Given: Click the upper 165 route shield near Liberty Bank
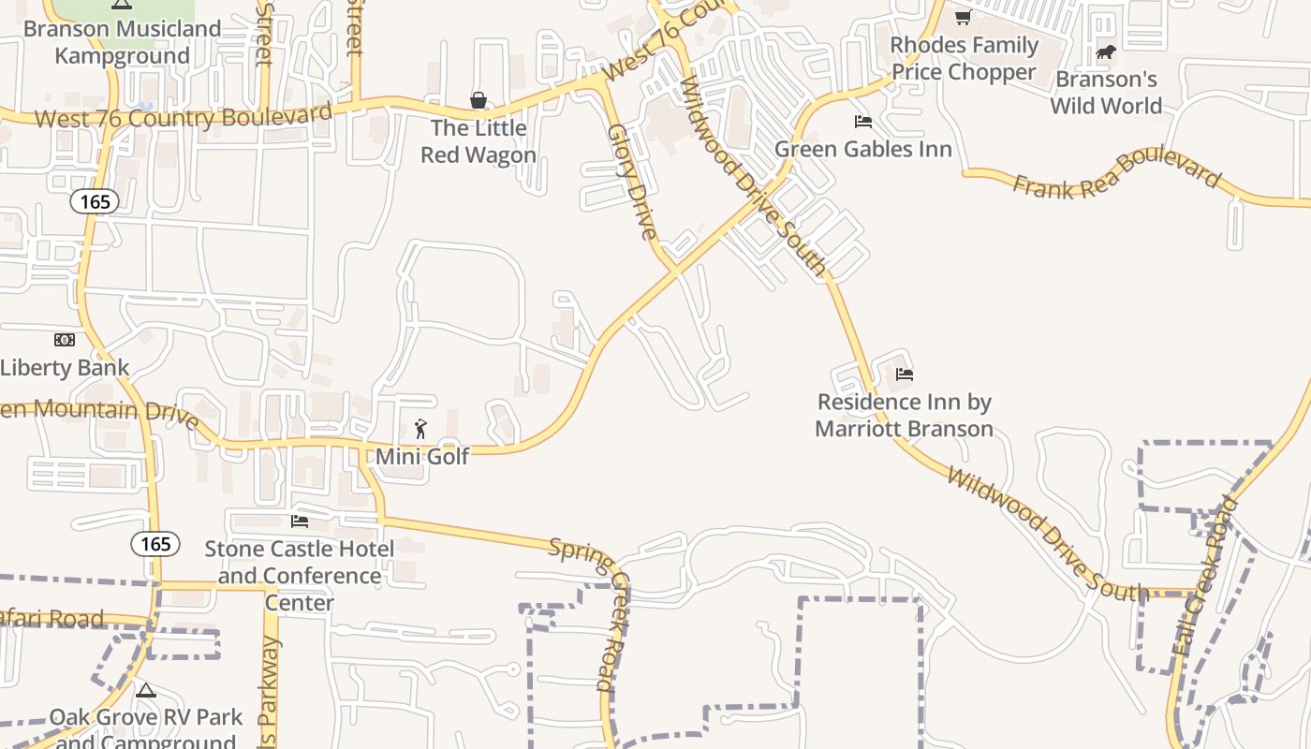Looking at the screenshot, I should tap(95, 201).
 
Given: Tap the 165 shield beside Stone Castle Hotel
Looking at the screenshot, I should tap(155, 544).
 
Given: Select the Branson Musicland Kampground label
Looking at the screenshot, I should tap(122, 42).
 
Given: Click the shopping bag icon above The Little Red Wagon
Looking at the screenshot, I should tap(479, 99).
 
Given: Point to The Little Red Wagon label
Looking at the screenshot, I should tap(479, 141).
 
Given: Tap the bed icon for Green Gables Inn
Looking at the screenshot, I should tap(863, 122).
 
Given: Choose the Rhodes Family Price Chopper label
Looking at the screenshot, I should tap(964, 58).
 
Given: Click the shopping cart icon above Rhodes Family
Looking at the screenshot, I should tap(963, 18).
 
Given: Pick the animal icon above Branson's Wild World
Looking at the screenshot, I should tap(1106, 51).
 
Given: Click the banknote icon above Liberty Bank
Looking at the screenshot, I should tap(64, 340).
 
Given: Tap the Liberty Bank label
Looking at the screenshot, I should tap(64, 367).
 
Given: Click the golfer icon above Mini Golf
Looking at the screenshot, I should tap(420, 429).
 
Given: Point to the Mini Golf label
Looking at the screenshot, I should tap(421, 456).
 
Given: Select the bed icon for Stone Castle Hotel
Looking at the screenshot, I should tap(300, 521).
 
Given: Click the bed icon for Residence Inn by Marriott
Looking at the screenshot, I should tap(904, 374).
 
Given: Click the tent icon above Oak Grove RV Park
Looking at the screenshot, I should tap(145, 691).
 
